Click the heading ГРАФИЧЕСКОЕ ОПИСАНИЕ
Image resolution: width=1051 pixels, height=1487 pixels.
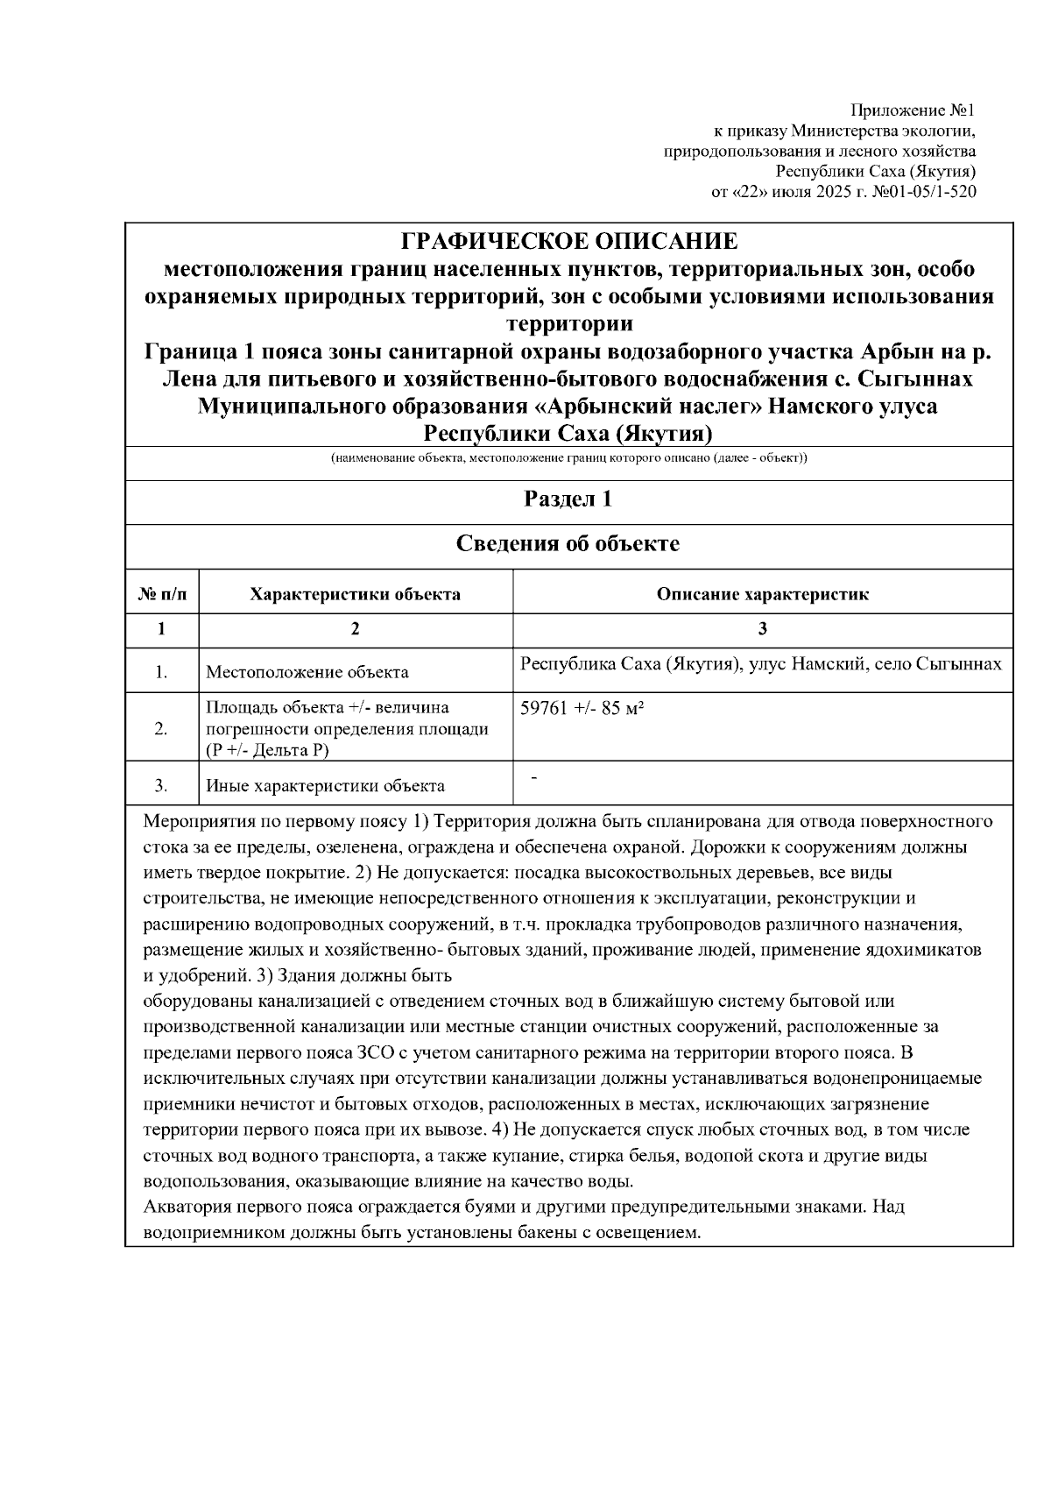569,241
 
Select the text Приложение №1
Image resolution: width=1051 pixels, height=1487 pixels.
913,111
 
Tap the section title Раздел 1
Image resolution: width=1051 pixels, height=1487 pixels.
568,499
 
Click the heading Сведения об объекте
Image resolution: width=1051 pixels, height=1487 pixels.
568,544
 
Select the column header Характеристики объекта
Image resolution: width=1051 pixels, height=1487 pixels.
356,594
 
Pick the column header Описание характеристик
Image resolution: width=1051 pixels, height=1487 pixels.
763,594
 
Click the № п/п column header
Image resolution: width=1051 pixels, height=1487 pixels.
162,594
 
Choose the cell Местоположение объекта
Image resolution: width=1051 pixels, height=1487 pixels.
307,672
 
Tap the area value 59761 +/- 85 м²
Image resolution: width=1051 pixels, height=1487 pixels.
582,708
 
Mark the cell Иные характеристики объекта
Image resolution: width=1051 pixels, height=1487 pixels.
325,785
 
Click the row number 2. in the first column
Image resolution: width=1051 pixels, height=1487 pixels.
161,728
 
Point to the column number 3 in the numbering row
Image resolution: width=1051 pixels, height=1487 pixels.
763,628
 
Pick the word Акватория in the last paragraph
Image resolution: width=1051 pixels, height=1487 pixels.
182,1207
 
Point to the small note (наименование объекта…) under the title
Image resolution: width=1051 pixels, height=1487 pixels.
568,459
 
